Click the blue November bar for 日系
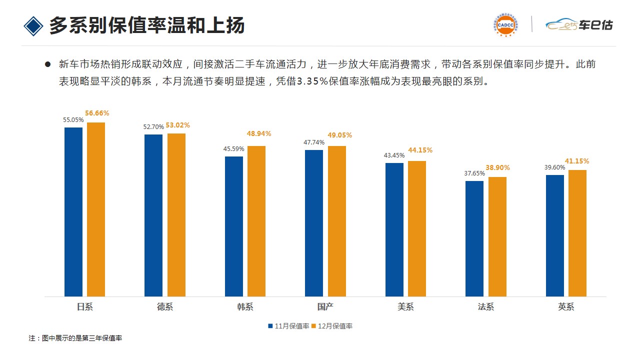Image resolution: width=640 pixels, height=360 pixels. pyautogui.click(x=73, y=211)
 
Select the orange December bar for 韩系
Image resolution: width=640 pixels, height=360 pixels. pyautogui.click(x=256, y=221)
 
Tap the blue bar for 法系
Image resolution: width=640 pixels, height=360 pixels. pyautogui.click(x=474, y=238)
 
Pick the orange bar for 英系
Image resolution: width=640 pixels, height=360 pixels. pyautogui.click(x=577, y=233)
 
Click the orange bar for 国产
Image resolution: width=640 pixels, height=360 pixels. pyautogui.click(x=337, y=221)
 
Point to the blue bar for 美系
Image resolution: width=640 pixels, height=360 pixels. pyautogui.click(x=394, y=229)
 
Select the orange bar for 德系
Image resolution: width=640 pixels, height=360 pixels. pyautogui.click(x=176, y=215)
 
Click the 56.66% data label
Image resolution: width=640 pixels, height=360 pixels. pyautogui.click(x=97, y=113)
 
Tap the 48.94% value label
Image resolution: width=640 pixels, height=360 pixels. pyautogui.click(x=259, y=134)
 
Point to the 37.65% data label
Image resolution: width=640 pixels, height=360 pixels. pyautogui.click(x=474, y=173)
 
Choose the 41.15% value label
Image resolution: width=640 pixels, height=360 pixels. pyautogui.click(x=577, y=161)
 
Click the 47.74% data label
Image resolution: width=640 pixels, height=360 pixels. pyautogui.click(x=314, y=142)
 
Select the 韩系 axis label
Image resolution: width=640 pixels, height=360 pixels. pyautogui.click(x=245, y=307)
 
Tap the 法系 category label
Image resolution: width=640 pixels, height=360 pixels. pyautogui.click(x=485, y=307)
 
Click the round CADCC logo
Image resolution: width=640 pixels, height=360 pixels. pyautogui.click(x=505, y=24)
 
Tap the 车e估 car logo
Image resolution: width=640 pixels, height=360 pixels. pyautogui.click(x=578, y=24)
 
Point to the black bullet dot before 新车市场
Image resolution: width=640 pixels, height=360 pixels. pyautogui.click(x=48, y=64)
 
